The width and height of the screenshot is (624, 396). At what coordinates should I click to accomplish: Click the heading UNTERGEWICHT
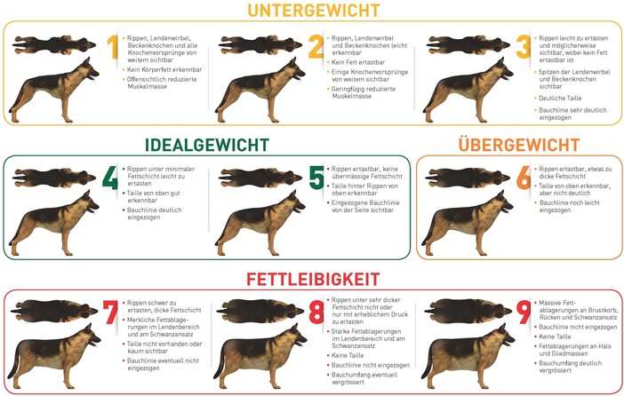click(x=314, y=11)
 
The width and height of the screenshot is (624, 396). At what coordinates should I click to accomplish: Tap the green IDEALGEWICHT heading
click(x=207, y=145)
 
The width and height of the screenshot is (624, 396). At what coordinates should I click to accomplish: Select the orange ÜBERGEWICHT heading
click(x=519, y=145)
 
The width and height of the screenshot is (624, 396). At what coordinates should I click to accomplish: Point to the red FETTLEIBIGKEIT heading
click(x=313, y=279)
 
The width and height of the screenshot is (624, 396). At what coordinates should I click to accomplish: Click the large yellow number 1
click(x=114, y=47)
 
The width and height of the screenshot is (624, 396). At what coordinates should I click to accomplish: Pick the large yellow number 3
click(x=524, y=47)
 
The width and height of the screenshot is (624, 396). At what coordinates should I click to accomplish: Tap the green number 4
click(x=110, y=178)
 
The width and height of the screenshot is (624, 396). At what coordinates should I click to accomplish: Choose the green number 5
click(x=316, y=178)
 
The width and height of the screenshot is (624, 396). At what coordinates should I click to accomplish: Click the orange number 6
click(x=524, y=178)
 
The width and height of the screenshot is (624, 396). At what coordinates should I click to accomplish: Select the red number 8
click(x=316, y=312)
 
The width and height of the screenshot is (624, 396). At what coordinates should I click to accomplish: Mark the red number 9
click(x=524, y=312)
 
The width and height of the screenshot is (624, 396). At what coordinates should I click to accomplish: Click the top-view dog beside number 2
click(x=260, y=45)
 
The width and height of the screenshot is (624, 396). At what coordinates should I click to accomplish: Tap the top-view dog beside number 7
click(x=54, y=311)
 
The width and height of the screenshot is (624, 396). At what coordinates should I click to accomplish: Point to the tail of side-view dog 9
click(x=427, y=363)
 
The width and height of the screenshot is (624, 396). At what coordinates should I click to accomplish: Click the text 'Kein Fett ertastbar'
click(x=358, y=62)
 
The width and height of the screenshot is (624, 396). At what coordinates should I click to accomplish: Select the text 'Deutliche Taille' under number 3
click(x=560, y=99)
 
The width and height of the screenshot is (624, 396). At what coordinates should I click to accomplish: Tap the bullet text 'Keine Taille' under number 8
click(x=348, y=355)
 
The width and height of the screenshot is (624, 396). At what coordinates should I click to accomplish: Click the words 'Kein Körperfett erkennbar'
click(x=164, y=69)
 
